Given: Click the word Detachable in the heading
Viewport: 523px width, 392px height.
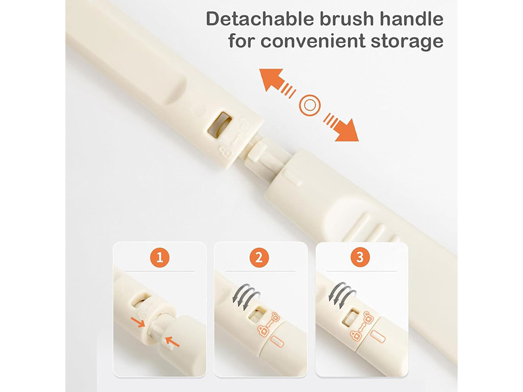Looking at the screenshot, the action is tap(260, 19).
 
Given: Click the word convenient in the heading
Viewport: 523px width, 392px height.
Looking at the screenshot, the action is tap(313, 41).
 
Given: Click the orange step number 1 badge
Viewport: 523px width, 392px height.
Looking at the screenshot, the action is tap(160, 257).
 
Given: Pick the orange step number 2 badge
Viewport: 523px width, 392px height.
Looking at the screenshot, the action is tap(259, 257).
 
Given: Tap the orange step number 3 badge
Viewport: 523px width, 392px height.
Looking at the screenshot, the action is tap(360, 257).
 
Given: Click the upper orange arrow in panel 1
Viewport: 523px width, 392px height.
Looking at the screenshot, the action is tap(137, 322).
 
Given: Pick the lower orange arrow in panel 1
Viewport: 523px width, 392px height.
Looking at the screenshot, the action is tap(173, 341).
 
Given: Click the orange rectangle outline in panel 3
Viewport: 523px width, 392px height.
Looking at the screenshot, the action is tap(377, 337).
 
